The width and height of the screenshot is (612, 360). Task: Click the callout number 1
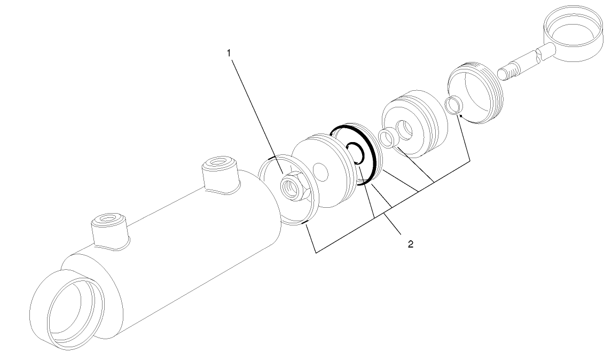coord(229,53)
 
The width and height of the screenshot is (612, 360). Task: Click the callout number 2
coord(410,244)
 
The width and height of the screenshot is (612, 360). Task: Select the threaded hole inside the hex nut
coord(293,187)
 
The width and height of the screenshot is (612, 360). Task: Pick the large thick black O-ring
coord(374,160)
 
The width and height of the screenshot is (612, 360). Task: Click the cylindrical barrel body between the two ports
coord(176,235)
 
